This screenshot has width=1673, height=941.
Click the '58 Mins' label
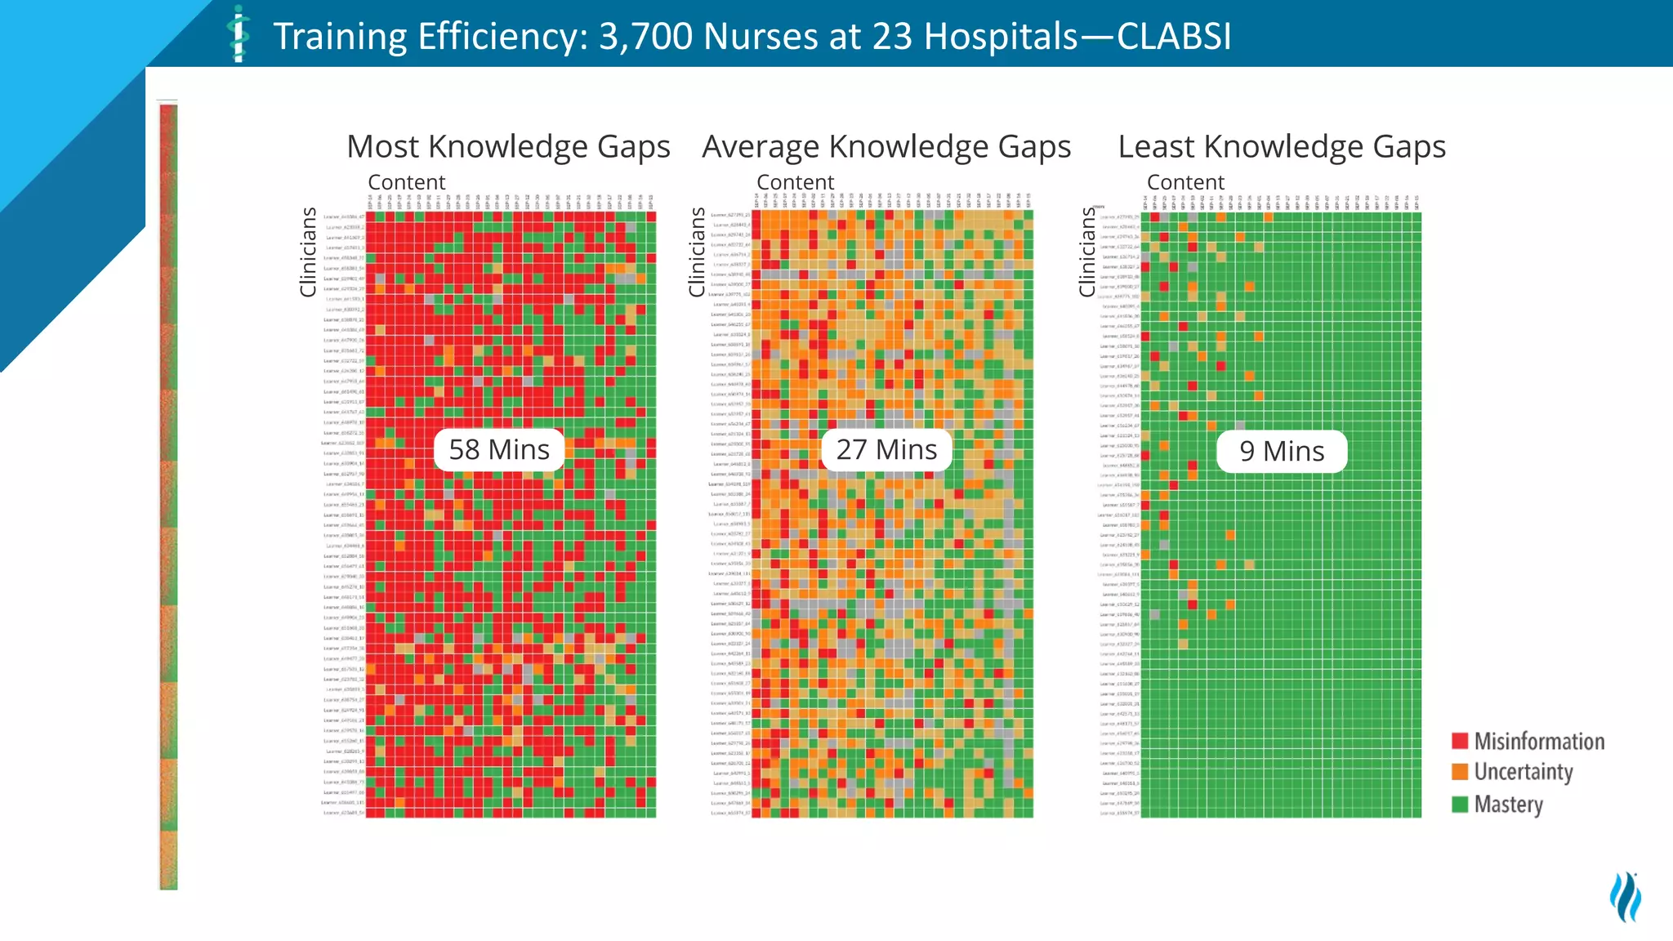pyautogui.click(x=499, y=449)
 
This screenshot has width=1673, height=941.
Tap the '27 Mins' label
pyautogui.click(x=886, y=449)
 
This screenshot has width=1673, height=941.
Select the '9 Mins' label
pyautogui.click(x=1282, y=451)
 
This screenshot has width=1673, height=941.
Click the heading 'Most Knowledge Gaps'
pyautogui.click(x=508, y=147)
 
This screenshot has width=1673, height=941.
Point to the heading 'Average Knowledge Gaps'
pyautogui.click(x=886, y=147)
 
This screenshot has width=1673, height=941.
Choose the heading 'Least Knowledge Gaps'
pyautogui.click(x=1282, y=147)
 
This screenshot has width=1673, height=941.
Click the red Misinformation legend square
pyautogui.click(x=1460, y=741)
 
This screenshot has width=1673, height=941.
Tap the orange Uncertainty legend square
pyautogui.click(x=1460, y=772)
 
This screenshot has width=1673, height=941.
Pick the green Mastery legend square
pyautogui.click(x=1460, y=805)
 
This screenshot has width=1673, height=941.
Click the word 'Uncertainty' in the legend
pyautogui.click(x=1524, y=772)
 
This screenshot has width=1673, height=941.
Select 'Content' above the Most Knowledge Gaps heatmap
pyautogui.click(x=407, y=182)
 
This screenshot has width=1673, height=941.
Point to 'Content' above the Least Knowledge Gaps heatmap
pyautogui.click(x=1185, y=182)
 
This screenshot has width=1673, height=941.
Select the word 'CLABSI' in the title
pyautogui.click(x=1174, y=37)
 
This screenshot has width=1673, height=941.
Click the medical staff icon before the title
pyautogui.click(x=238, y=34)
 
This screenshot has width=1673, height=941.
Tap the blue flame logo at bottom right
pyautogui.click(x=1625, y=897)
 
